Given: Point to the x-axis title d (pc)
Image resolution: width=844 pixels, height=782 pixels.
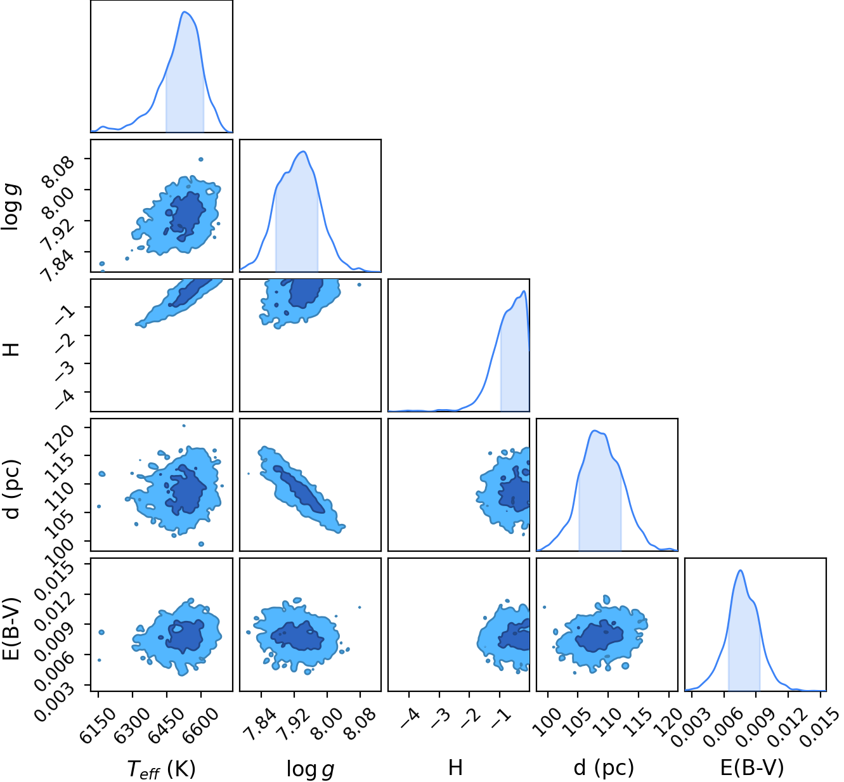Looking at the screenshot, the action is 604,768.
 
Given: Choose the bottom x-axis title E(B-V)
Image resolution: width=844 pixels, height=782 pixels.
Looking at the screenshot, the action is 752,768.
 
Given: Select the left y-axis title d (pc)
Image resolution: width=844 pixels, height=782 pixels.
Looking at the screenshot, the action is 12,490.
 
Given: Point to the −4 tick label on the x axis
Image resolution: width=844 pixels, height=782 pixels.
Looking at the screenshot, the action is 410,719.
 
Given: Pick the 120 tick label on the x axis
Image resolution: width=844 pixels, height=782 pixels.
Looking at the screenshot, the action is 667,720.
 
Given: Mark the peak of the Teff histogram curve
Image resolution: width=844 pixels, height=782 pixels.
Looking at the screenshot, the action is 185,11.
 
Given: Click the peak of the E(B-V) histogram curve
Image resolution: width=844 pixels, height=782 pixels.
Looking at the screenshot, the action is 741,570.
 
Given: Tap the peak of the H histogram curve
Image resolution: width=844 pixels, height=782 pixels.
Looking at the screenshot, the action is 524,291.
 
